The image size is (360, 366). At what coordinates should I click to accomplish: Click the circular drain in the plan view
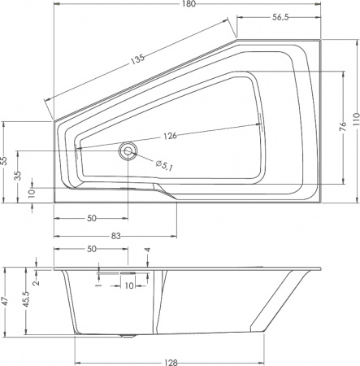click(128, 150)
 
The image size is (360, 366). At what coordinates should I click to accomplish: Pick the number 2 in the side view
click(37, 282)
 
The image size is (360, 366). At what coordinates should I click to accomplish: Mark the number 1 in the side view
click(98, 285)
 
